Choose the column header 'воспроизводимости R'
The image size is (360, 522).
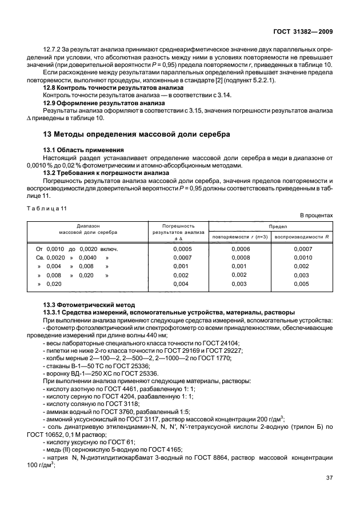(x=301, y=236)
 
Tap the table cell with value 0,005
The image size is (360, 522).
(x=301, y=284)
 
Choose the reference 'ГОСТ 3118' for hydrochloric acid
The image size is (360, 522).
(x=121, y=403)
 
